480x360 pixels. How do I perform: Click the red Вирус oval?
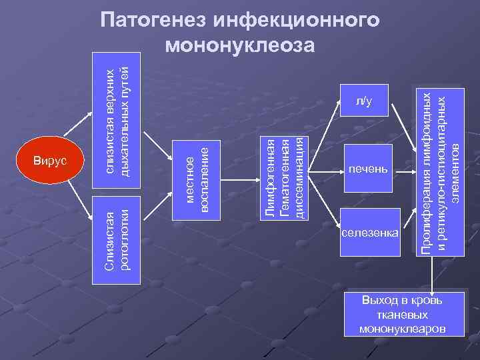point(49,162)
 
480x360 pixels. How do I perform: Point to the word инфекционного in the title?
point(299,21)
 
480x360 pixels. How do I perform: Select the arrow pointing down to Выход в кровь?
point(434,274)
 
